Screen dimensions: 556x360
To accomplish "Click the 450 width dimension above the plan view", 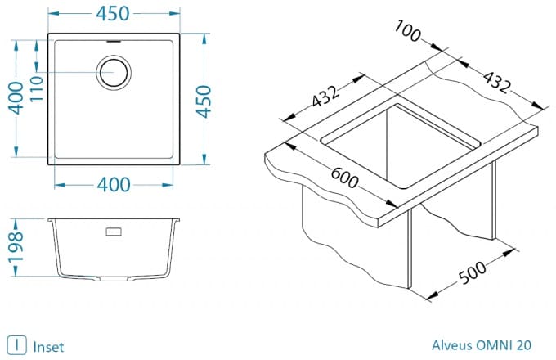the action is click(x=113, y=14).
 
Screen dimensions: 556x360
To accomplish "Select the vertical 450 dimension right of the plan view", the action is click(x=204, y=101).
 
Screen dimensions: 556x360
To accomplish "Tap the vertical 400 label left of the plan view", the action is click(x=16, y=98).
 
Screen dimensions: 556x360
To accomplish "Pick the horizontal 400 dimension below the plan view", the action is click(x=114, y=185).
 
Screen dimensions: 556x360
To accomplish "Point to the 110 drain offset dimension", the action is click(x=36, y=88).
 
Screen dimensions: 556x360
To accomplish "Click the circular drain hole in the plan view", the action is click(x=114, y=73).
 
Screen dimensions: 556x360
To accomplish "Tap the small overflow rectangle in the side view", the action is click(x=114, y=232).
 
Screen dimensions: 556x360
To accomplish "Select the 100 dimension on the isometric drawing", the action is click(x=408, y=31).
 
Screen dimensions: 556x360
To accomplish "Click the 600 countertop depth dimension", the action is click(x=344, y=178).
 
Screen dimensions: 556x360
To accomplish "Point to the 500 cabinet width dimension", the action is click(x=473, y=272).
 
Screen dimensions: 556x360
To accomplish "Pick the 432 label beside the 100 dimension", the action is click(x=497, y=83).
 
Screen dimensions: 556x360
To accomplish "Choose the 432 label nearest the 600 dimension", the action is click(x=325, y=96).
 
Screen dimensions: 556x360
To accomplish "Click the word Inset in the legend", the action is click(x=48, y=347).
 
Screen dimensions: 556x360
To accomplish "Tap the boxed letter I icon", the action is click(x=16, y=345).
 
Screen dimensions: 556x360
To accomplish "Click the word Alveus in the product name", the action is click(x=451, y=344).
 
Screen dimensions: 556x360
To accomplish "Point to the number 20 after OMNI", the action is click(x=524, y=344).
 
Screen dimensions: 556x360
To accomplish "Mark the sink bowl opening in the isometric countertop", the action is click(x=401, y=146).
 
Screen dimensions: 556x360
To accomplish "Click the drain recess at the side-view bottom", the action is click(x=114, y=279).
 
